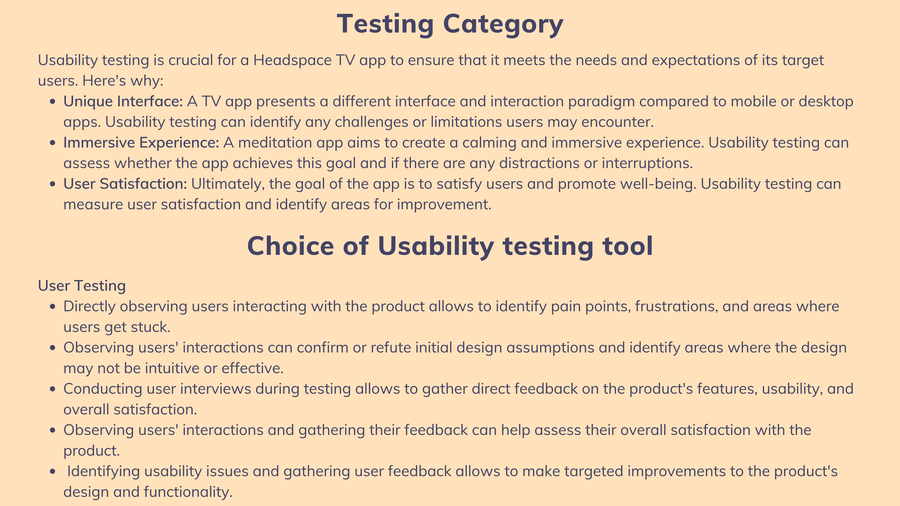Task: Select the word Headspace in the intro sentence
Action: tap(292, 60)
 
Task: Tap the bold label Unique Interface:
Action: tap(123, 102)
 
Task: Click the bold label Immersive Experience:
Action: tap(141, 143)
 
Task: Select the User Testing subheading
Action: tap(82, 286)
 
